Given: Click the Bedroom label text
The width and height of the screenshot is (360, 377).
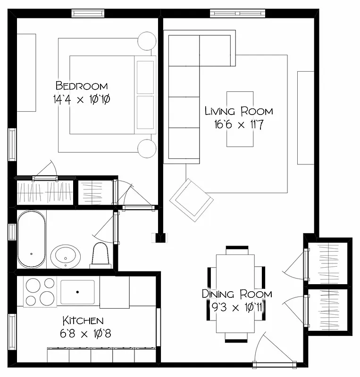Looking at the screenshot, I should point(82,86).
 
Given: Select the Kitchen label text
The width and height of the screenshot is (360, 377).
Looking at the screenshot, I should point(82,321).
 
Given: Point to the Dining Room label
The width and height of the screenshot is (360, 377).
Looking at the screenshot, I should point(237,294).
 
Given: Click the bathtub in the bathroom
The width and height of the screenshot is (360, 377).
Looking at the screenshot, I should point(32,239).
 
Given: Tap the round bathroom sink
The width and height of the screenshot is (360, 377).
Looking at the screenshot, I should point(65,256).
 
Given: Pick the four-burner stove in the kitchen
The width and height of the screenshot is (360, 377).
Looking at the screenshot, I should point(40,292).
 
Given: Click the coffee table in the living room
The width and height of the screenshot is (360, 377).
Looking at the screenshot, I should point(240,119).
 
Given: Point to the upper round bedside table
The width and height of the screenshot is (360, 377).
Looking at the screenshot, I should point(146,41).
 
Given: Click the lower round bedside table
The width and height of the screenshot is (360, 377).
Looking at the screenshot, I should point(146,149).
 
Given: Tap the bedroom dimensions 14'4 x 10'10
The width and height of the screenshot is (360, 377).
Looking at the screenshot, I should point(83,99).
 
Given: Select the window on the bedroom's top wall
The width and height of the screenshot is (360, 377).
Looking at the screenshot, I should point(87,14).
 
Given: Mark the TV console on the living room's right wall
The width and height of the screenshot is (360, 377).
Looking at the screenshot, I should point(306,118).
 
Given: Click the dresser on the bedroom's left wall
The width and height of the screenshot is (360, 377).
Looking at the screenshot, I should point(26,72).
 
